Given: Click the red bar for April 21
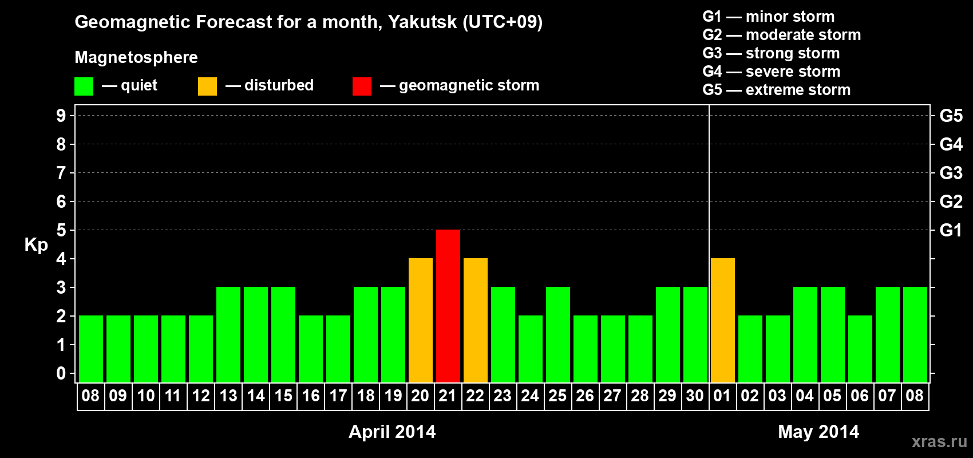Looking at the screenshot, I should (x=448, y=306).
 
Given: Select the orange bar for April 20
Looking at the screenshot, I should (x=421, y=320).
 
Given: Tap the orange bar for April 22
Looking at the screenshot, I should (x=476, y=320).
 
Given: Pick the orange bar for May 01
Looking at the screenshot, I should (x=723, y=320).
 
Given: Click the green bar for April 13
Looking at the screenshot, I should (x=228, y=334).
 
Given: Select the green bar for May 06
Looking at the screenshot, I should (x=860, y=349).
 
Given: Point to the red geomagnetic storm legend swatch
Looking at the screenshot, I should (x=362, y=86).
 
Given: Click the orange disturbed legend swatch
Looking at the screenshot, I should (x=207, y=86).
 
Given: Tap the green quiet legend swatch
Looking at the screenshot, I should (x=84, y=86).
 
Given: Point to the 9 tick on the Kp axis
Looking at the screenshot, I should (x=61, y=116).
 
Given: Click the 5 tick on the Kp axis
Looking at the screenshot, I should (x=61, y=230).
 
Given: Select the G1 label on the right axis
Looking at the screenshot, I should (x=951, y=230).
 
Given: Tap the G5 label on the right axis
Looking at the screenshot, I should (x=951, y=116).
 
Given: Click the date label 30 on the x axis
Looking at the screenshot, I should (x=695, y=396).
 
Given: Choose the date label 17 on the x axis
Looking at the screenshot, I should (x=338, y=396).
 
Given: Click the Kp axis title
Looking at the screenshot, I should (x=36, y=244).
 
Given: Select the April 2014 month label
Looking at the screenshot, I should (x=392, y=432).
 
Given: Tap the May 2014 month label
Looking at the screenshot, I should (x=818, y=432).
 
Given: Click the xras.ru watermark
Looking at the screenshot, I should (x=939, y=441).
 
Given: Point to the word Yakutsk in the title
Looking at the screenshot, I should (x=422, y=22).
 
